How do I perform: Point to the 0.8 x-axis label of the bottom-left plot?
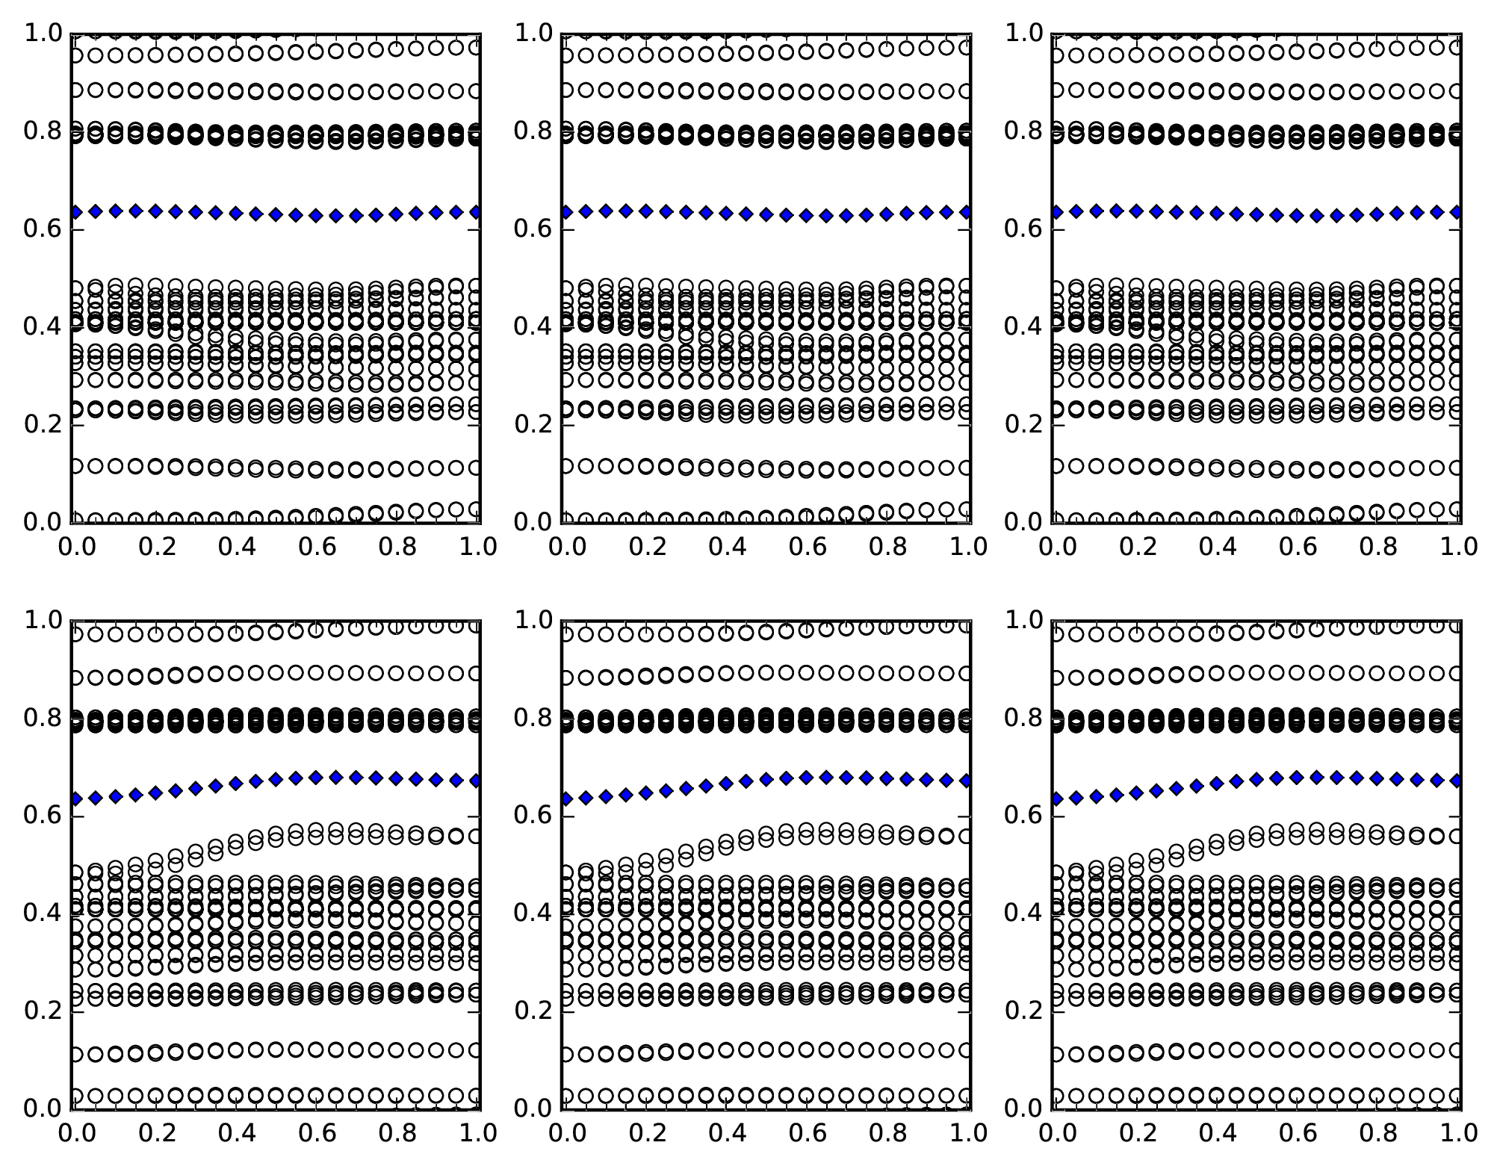click(397, 1133)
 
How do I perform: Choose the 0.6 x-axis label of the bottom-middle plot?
click(806, 1133)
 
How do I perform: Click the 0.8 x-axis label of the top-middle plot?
click(887, 547)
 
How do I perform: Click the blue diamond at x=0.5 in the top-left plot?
click(276, 214)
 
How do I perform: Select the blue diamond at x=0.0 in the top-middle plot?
click(565, 212)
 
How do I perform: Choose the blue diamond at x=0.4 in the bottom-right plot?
click(1216, 783)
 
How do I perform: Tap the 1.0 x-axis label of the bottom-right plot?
click(1457, 1133)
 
